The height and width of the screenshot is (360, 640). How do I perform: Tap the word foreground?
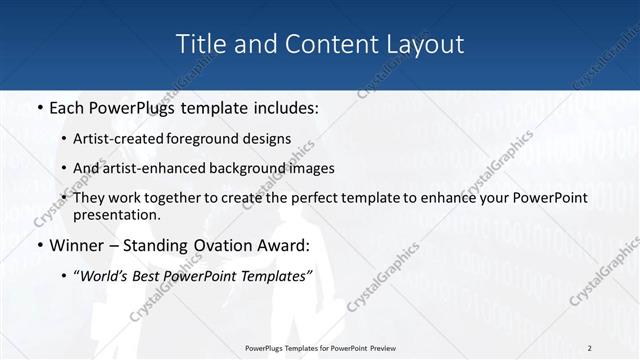click(224, 138)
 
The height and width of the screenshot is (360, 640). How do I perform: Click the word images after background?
click(311, 168)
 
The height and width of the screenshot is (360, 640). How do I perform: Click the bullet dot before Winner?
click(38, 246)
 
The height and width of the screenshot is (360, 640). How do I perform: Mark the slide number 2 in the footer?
click(590, 347)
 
